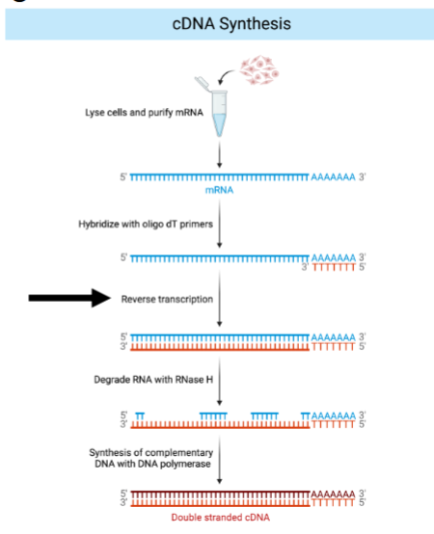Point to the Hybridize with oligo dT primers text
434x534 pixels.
(146, 224)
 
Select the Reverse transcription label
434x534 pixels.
(167, 299)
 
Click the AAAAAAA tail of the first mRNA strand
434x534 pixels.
(334, 178)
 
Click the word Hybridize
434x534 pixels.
(99, 224)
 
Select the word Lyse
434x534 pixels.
(95, 113)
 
